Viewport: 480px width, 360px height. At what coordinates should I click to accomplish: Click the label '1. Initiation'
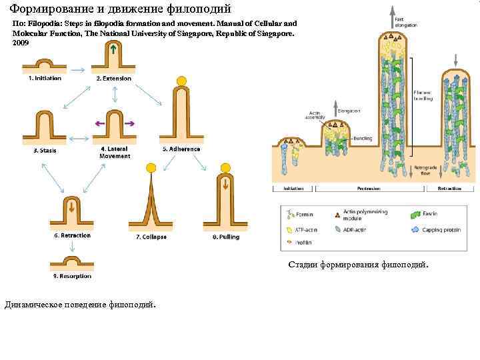[44, 79]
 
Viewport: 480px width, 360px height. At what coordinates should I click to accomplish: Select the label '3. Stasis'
[45, 151]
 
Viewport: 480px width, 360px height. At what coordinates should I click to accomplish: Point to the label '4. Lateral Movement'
[115, 153]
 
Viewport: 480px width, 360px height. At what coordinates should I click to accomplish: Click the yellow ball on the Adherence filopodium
[182, 82]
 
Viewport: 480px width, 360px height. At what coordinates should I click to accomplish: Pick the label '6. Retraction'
[72, 235]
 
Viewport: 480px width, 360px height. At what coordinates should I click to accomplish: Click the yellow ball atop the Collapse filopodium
[151, 167]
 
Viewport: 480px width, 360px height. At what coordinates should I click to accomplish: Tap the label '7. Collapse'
[151, 237]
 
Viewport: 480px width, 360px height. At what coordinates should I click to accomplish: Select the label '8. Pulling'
[225, 237]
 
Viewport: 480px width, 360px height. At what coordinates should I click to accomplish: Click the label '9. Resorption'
[72, 276]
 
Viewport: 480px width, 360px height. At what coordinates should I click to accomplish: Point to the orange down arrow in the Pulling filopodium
[225, 183]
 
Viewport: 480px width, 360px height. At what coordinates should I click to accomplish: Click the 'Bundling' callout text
[363, 138]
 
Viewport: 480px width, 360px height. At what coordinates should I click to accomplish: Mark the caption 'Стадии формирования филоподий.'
[359, 265]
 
